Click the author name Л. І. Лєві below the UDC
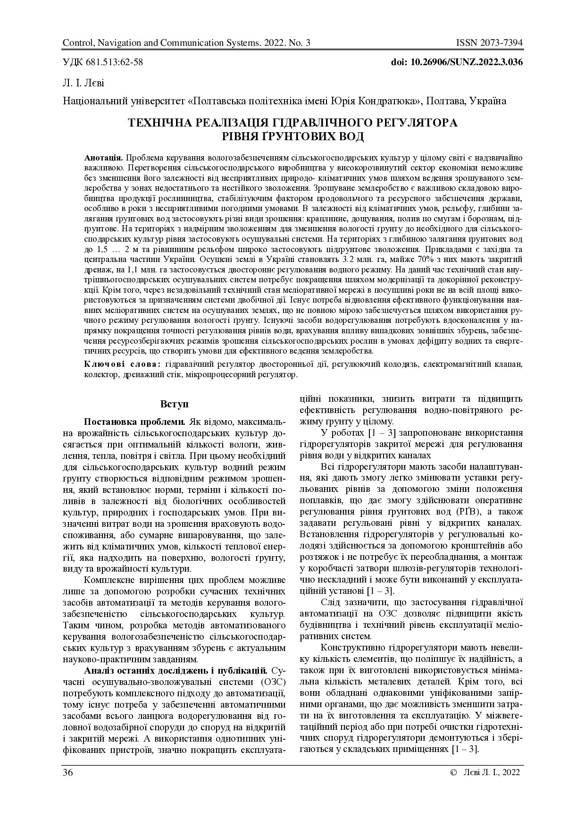[x=83, y=84]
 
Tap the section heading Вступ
[x=174, y=405]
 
